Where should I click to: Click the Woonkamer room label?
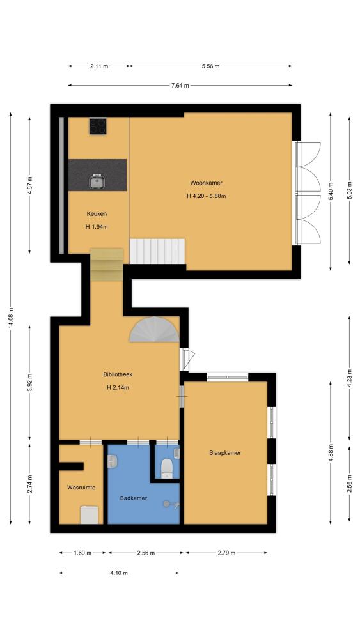point(206,183)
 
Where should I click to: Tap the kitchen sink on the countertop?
point(97,181)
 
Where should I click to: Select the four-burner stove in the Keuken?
point(98,126)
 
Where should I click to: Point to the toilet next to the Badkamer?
point(167,468)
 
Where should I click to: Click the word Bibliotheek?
point(118,374)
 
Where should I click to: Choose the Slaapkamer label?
point(224,453)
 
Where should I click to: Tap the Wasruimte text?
point(82,487)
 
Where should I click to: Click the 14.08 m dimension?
point(11,318)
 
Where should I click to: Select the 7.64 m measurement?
point(180,85)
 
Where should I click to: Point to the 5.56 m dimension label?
point(210,66)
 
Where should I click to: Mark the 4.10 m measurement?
point(119,573)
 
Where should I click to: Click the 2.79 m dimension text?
point(227,553)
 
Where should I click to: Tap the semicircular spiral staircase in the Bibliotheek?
point(154,330)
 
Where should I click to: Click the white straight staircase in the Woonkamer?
point(157,251)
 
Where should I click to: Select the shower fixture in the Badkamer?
point(171,504)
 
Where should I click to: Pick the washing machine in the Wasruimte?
point(89,514)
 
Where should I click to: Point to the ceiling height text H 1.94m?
point(97,227)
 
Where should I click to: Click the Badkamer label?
point(133,498)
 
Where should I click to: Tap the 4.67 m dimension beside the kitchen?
point(30,185)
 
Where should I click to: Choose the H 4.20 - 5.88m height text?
point(207,196)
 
